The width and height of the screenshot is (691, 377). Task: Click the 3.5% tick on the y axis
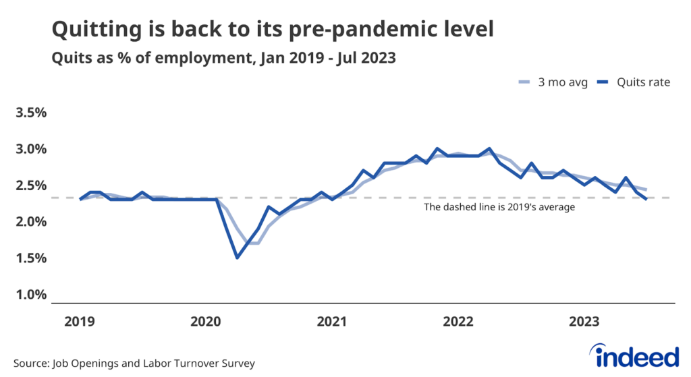(x=31, y=113)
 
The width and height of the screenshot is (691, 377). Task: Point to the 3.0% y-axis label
(x=31, y=149)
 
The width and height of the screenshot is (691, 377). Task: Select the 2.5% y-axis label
(x=31, y=185)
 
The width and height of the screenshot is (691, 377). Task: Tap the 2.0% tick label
(x=31, y=222)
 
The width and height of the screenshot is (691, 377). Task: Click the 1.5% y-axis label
(x=31, y=258)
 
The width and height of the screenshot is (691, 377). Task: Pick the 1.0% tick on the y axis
(x=31, y=295)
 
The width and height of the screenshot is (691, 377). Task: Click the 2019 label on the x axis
(x=80, y=322)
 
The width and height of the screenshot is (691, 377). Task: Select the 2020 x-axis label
(x=206, y=322)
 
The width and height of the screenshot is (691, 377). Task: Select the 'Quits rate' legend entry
(x=634, y=82)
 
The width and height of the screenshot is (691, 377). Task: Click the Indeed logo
(x=634, y=355)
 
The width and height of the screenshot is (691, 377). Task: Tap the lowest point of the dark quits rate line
(x=237, y=258)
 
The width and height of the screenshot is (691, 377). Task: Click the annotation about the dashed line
(x=499, y=208)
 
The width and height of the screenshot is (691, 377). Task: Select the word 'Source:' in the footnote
(x=30, y=364)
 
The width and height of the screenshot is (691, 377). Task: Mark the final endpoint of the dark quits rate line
(x=646, y=199)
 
